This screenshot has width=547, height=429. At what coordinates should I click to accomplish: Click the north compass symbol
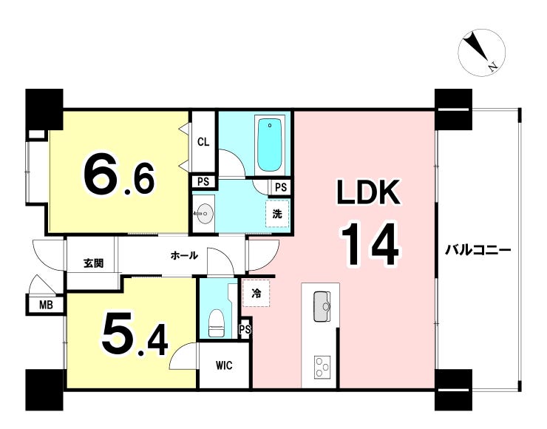481,53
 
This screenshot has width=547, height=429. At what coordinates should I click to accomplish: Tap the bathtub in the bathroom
269,145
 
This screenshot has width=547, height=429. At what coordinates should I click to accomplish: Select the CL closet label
203,142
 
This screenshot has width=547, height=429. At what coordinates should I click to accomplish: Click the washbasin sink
205,212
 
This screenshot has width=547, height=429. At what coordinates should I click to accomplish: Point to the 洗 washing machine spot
277,214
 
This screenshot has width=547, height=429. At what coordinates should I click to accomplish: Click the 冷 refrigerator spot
256,294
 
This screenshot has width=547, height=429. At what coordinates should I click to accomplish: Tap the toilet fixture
217,323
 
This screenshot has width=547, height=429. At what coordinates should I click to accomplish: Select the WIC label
224,365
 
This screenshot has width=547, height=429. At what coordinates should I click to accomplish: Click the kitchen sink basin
322,306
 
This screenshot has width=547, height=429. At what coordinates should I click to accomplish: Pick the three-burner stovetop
322,367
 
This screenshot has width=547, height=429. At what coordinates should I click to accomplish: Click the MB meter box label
46,305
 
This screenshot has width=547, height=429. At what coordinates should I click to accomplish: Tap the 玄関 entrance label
93,263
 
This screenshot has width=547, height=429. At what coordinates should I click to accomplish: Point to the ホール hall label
184,255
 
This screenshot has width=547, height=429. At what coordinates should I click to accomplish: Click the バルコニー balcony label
478,250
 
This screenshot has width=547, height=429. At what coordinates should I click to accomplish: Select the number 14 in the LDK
370,244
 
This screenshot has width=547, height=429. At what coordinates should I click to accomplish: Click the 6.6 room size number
118,178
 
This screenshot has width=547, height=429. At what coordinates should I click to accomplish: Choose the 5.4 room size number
135,336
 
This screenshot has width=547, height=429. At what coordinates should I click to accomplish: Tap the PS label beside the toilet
245,329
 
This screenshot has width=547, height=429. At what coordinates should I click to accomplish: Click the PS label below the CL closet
203,181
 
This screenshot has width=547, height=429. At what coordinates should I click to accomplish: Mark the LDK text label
368,192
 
